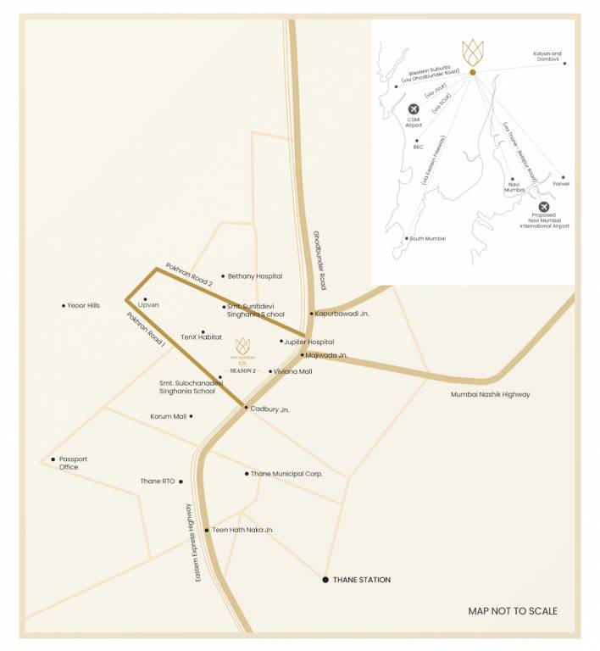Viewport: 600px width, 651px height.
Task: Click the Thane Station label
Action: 363,581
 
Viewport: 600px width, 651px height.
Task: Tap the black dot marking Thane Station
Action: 325,581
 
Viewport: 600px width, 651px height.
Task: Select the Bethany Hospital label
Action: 255,276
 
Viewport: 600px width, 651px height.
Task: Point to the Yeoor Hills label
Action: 84,306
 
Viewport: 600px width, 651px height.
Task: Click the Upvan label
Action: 148,304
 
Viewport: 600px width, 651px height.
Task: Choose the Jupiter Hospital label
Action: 310,342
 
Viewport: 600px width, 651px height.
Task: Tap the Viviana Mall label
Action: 294,371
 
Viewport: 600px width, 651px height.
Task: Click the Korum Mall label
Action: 168,416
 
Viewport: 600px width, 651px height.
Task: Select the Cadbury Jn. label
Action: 270,409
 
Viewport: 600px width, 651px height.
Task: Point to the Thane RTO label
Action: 157,481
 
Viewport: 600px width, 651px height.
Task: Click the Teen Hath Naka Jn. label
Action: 243,530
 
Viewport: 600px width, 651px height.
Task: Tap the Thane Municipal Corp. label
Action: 286,474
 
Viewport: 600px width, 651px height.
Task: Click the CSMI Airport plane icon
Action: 414,109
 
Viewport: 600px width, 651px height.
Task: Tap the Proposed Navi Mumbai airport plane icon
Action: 543,207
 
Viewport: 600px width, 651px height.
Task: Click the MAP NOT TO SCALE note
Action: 513,611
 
